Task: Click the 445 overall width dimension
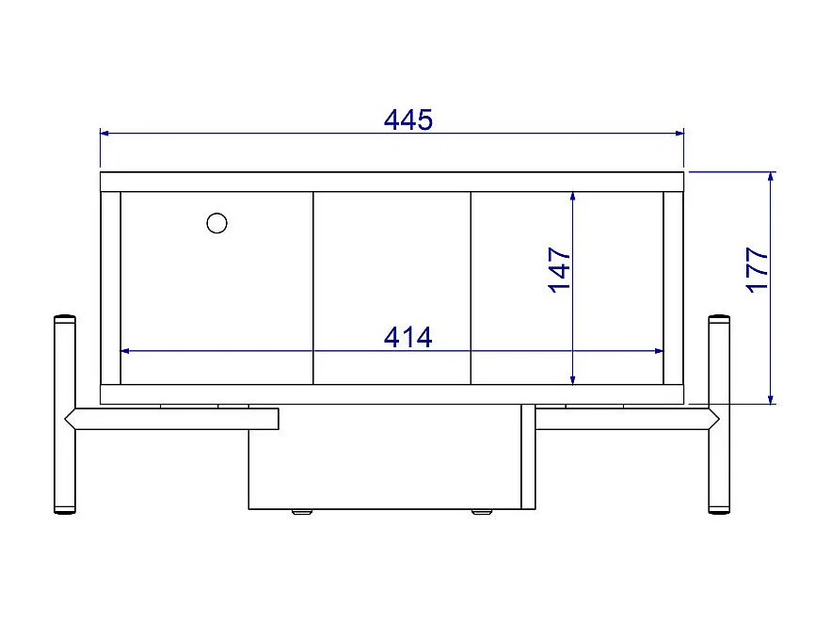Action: [x=408, y=120]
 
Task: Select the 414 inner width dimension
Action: [x=408, y=337]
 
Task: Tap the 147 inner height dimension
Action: [x=560, y=270]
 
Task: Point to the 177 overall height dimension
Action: [x=758, y=270]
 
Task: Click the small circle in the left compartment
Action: [x=216, y=223]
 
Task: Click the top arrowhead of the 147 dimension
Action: [x=572, y=197]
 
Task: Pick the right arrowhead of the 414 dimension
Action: [x=658, y=351]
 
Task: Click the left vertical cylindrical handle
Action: [x=64, y=414]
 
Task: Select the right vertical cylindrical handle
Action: [x=718, y=414]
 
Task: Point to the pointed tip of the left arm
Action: [x=67, y=419]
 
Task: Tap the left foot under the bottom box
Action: [x=301, y=513]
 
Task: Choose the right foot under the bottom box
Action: [x=481, y=513]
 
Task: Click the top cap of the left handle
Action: [x=64, y=318]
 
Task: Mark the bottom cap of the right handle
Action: [x=718, y=512]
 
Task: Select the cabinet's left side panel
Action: [x=110, y=288]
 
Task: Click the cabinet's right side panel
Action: [x=673, y=288]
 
